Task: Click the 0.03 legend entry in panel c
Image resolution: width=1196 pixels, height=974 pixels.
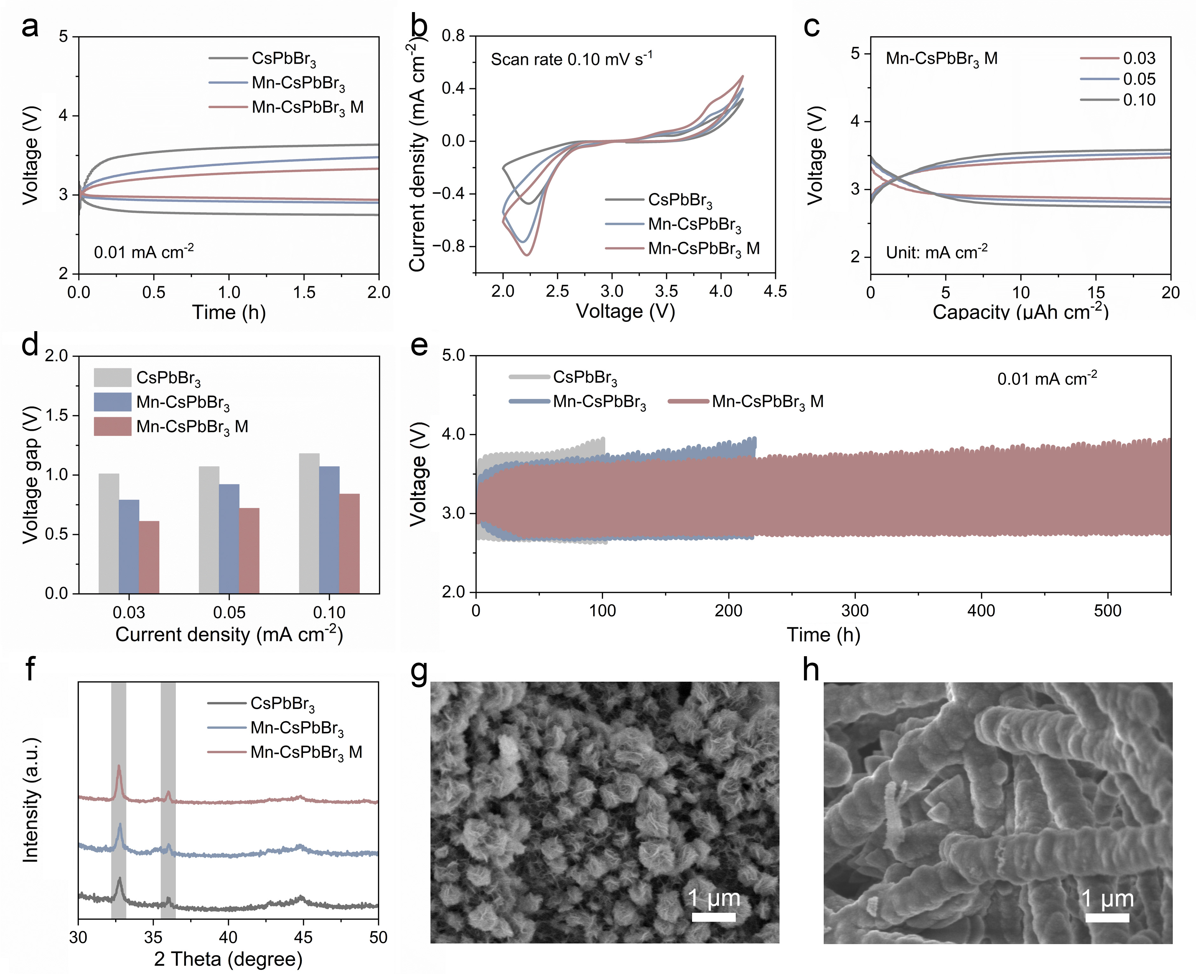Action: point(1138,58)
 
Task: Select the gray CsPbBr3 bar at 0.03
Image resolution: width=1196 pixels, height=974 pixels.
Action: point(109,533)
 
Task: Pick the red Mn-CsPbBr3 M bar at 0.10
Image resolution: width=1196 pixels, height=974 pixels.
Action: point(349,543)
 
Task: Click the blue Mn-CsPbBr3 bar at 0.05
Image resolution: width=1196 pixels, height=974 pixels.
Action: point(229,539)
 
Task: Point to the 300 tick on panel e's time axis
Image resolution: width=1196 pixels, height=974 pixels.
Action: point(855,610)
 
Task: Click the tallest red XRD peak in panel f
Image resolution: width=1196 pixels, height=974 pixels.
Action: point(118,766)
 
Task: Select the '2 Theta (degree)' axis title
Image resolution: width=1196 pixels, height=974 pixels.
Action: point(228,959)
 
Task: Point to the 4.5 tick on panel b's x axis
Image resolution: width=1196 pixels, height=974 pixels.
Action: point(775,291)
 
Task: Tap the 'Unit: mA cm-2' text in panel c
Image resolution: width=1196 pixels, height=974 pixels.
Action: point(936,253)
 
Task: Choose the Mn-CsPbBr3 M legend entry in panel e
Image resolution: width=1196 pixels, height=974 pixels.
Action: point(767,402)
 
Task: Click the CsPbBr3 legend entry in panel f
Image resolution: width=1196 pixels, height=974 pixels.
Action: point(282,704)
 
